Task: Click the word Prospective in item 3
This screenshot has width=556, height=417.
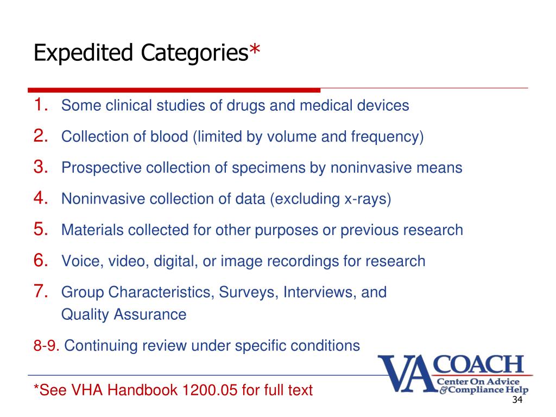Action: (x=102, y=168)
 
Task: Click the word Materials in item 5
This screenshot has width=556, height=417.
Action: (x=92, y=230)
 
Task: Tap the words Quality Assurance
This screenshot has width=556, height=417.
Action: (x=124, y=314)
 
